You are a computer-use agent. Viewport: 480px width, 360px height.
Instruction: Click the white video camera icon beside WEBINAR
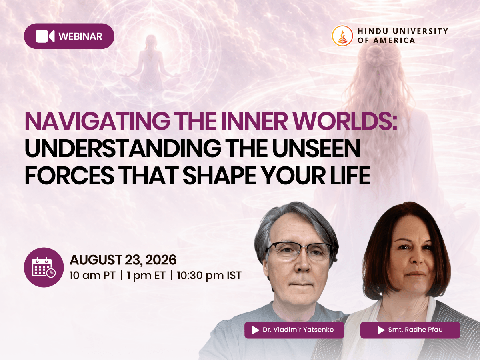45,36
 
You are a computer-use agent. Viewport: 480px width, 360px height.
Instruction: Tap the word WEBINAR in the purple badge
80,36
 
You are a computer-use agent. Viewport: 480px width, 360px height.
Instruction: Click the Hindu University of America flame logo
342,36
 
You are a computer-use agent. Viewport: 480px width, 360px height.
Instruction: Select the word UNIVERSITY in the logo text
420,31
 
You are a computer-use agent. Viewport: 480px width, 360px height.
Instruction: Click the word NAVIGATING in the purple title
98,122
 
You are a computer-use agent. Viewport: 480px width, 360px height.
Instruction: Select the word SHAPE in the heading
219,175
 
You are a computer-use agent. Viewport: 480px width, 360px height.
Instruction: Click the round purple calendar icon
44,267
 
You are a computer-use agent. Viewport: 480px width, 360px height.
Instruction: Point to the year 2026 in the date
160,260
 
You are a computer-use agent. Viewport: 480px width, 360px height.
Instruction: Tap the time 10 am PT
92,276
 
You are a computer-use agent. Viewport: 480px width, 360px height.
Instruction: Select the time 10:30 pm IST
209,276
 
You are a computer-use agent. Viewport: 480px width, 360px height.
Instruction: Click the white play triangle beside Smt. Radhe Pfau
381,330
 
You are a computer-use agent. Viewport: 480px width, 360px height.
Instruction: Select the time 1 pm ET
146,276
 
